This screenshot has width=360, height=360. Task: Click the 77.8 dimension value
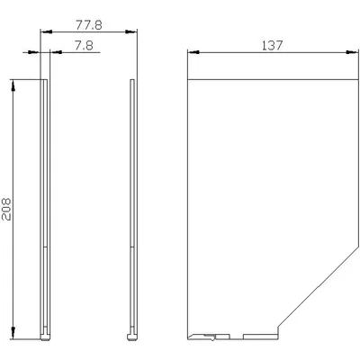[x=89, y=25]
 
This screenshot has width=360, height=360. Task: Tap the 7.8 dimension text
[x=84, y=46]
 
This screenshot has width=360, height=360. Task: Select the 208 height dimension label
[x=6, y=209]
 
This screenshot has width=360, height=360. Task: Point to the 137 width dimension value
[x=273, y=46]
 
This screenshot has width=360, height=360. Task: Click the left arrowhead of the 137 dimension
[x=193, y=52]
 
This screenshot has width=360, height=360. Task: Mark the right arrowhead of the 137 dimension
[x=352, y=52]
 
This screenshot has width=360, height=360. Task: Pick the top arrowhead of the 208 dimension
[x=13, y=85]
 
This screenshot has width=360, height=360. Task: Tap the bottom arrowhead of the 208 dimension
[x=13, y=333]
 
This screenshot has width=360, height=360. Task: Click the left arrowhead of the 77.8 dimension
[x=47, y=31]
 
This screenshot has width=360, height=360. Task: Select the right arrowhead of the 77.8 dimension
[x=130, y=31]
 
